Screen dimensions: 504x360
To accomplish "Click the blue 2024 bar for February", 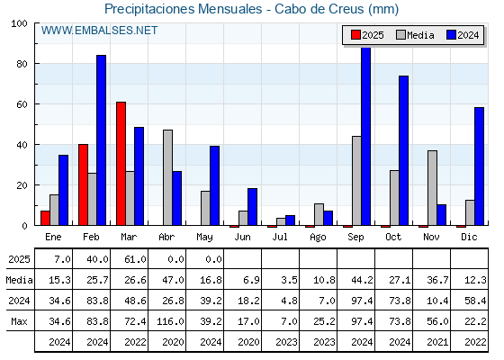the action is pos(101,140).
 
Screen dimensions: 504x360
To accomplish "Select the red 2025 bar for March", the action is pos(121,164).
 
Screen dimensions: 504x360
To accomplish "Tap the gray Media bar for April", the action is pos(167,177).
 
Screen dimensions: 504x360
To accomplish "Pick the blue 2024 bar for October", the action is pos(404,150).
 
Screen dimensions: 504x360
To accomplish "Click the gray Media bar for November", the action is pos(432,188).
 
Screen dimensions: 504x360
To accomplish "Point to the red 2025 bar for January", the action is pos(45,218).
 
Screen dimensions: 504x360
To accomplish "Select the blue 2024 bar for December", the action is pos(479,166).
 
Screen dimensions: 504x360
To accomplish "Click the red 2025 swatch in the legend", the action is pos(355,35).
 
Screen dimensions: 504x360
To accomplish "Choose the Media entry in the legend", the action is pos(415,35).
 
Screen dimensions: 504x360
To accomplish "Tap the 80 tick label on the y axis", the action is pos(22,64).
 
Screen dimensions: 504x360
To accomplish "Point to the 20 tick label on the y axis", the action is pos(22,185).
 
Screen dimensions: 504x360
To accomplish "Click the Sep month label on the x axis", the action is pos(355,237).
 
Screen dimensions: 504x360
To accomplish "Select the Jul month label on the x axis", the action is pos(280,237).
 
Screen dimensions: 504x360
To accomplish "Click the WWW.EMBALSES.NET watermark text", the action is pos(99,31).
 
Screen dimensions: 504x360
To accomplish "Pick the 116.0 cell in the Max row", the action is pos(170,321).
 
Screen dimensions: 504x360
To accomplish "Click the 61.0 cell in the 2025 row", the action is pos(135,259).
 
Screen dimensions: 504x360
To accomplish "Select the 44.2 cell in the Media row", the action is pos(362,280).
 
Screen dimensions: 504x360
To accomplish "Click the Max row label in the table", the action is pos(19,321).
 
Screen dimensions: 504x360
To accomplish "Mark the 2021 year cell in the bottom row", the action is pos(437,342).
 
